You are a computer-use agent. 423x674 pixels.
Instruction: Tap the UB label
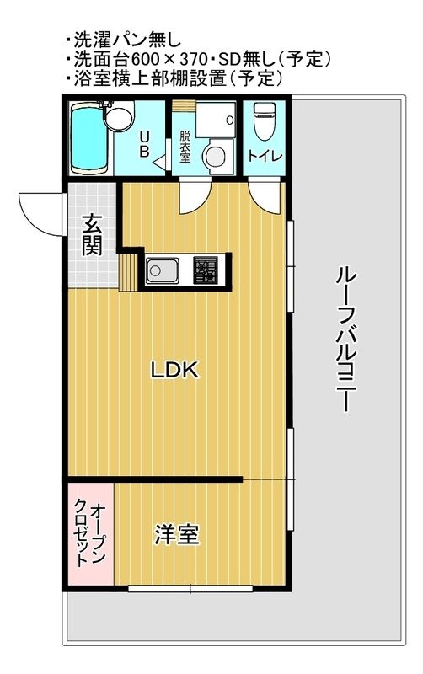[144, 144]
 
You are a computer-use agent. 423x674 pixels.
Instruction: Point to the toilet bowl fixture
[264, 118]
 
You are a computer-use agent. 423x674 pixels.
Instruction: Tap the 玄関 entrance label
[93, 235]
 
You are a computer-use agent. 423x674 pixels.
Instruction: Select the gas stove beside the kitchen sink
[206, 270]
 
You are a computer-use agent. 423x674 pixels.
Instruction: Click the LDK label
[174, 369]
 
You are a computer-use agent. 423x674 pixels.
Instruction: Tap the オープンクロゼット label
[90, 532]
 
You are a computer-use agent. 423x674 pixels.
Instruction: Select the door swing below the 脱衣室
[193, 199]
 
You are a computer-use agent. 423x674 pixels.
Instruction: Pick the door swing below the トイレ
[264, 199]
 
